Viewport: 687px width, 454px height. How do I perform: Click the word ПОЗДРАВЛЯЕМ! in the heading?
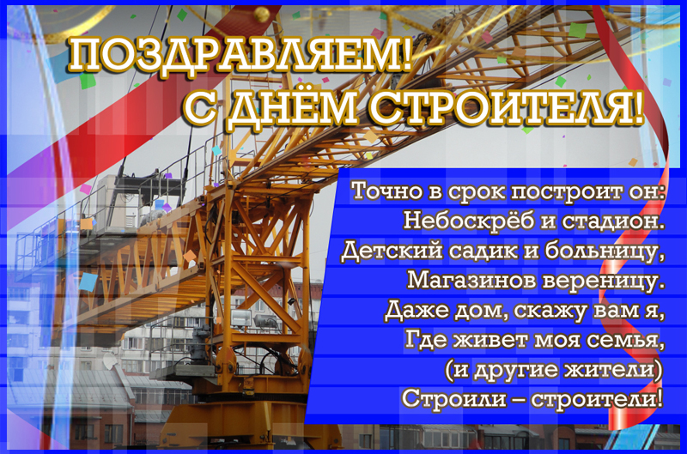tap(240, 54)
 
